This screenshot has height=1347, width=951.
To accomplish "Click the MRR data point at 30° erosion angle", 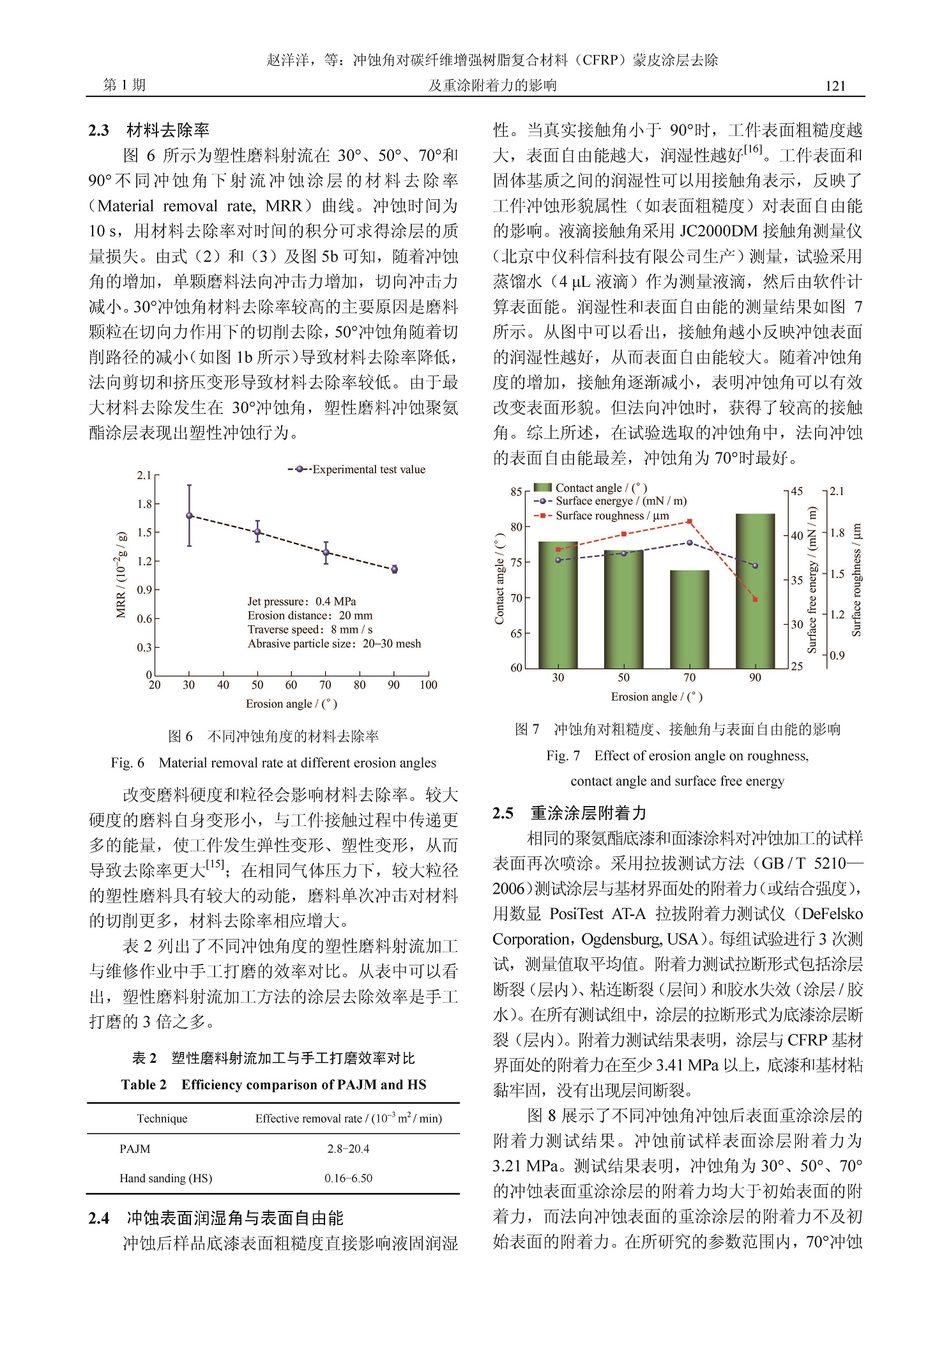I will tap(189, 515).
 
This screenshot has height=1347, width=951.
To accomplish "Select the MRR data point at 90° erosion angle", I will tap(394, 569).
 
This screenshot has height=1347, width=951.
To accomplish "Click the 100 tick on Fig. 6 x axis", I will tap(429, 685).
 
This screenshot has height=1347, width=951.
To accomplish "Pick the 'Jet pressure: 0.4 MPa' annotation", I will tap(301, 601).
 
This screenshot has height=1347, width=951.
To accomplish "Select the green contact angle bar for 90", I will tap(755, 590).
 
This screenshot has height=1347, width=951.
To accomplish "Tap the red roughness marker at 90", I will tap(755, 599).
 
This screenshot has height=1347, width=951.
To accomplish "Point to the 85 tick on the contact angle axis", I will tap(516, 492).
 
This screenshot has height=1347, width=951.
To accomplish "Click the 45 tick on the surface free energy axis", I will tap(797, 491).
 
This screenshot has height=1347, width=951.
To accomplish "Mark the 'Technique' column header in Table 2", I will tap(162, 1118).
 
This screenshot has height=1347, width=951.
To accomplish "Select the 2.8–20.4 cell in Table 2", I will tap(348, 1148).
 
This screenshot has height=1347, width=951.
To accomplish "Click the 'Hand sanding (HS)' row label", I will tap(166, 1178).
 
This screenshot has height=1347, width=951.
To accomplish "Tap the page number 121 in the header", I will tap(835, 86).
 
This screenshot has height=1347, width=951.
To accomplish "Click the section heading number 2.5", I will tap(503, 812).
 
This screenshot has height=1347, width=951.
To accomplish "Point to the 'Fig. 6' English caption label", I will tap(127, 763).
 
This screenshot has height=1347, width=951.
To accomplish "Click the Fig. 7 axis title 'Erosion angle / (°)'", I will tap(657, 697).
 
